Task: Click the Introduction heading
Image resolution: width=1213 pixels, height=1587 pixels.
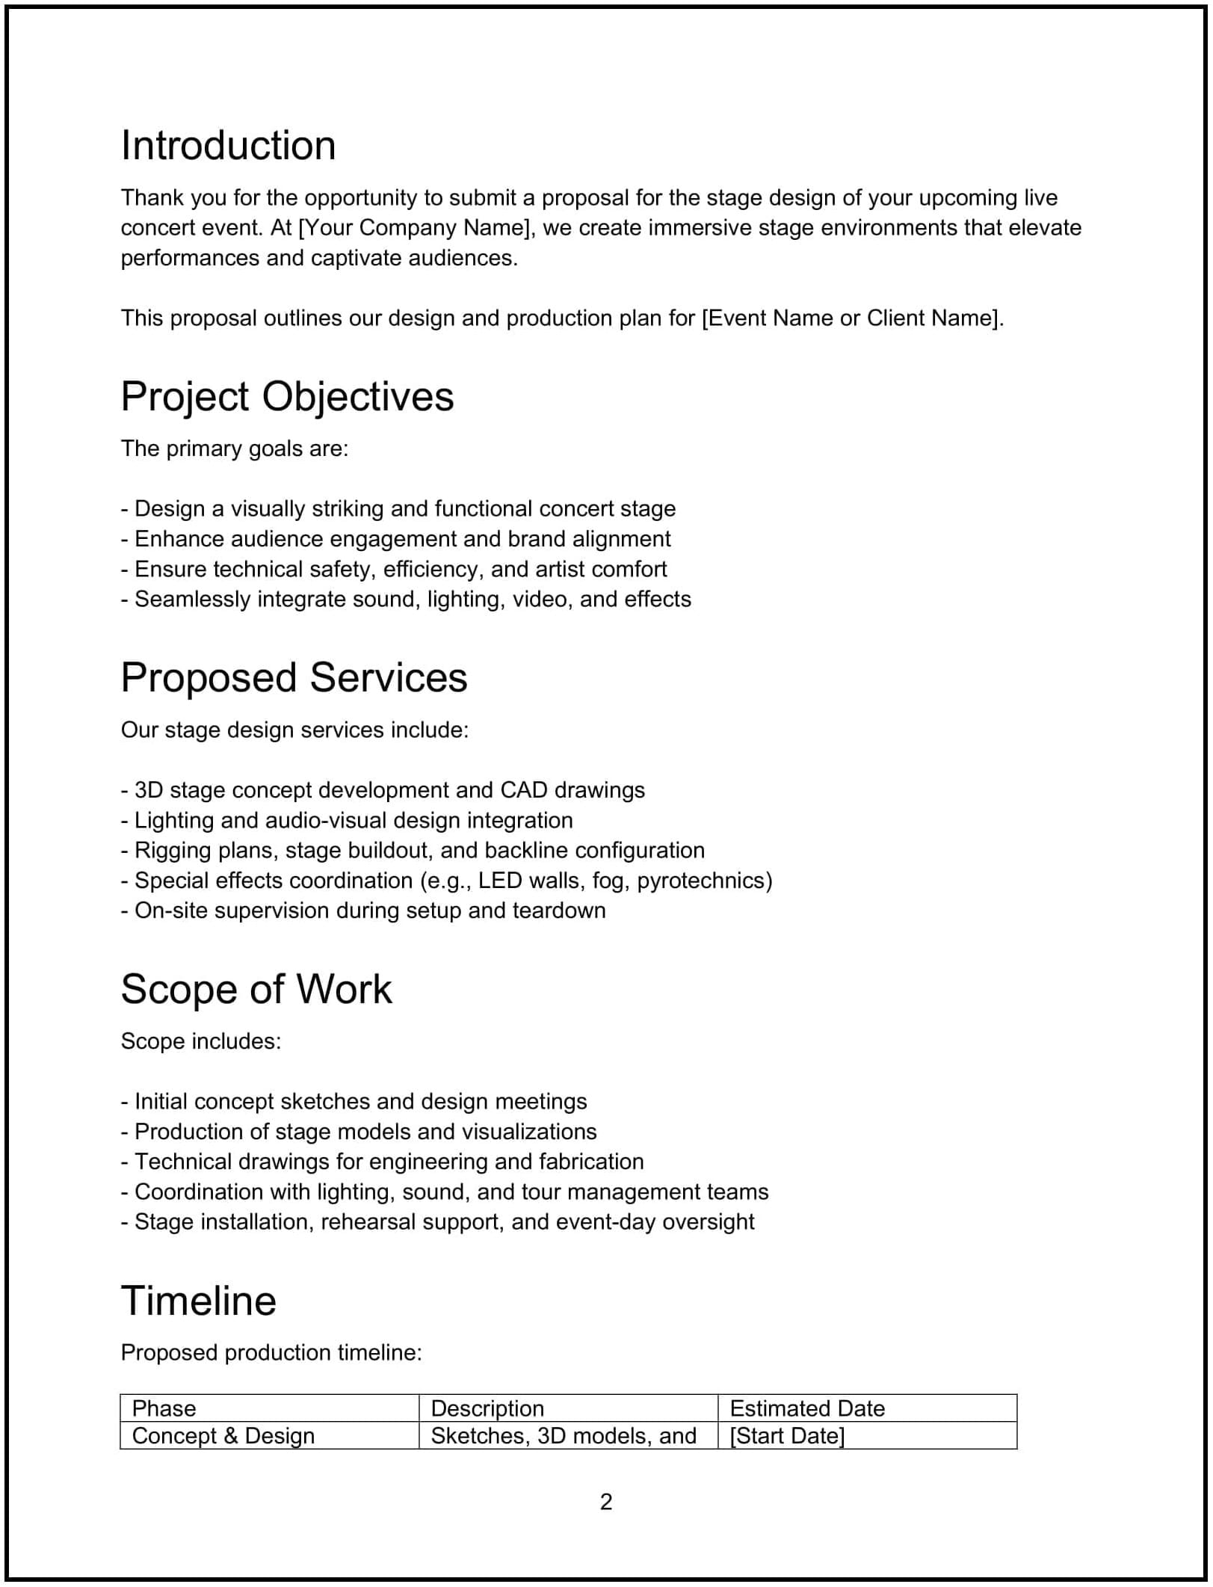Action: [x=228, y=145]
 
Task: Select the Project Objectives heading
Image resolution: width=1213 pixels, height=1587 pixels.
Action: [x=287, y=396]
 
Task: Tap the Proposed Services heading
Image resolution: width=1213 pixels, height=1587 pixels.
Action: [x=294, y=677]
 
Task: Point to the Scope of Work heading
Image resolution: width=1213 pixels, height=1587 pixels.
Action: [x=256, y=989]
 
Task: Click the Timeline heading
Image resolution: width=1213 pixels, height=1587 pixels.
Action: [x=198, y=1301]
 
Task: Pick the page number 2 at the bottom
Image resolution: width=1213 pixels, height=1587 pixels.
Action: [x=606, y=1502]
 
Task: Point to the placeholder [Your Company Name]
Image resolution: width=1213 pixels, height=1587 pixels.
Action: [x=416, y=228]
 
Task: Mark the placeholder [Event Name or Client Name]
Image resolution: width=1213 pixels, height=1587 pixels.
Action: [x=851, y=318]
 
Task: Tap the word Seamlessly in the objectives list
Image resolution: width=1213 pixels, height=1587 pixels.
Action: [x=192, y=600]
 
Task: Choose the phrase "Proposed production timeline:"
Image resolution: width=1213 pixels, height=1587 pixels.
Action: [x=271, y=1353]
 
